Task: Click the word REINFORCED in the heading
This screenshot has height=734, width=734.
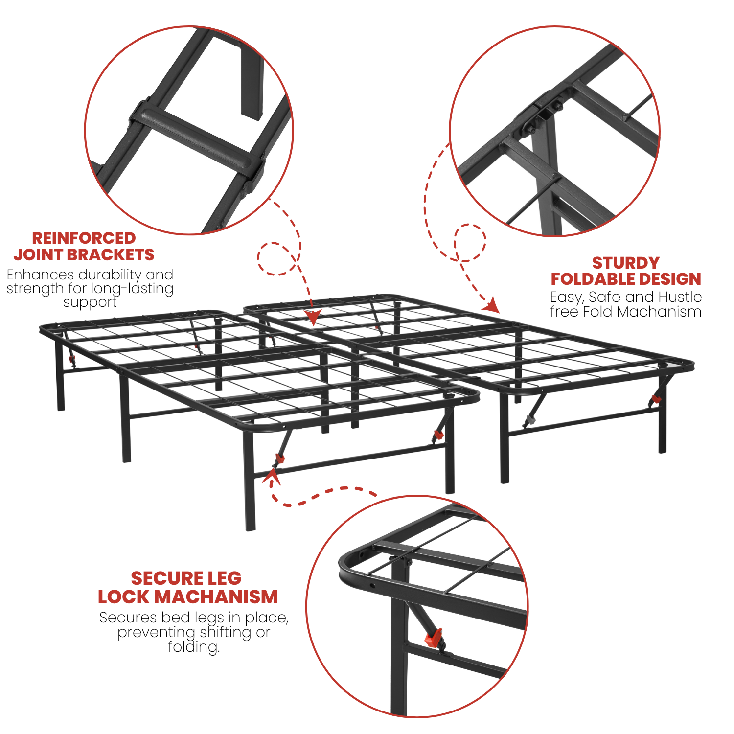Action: click(84, 238)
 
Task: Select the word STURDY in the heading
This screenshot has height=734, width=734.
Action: click(626, 263)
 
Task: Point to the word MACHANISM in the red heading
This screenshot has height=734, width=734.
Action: click(219, 597)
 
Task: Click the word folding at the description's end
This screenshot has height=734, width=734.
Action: click(194, 647)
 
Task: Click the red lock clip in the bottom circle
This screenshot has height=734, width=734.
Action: click(434, 638)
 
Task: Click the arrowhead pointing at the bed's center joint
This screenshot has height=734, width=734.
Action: click(313, 318)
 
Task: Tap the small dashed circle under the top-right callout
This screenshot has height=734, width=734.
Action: click(470, 242)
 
